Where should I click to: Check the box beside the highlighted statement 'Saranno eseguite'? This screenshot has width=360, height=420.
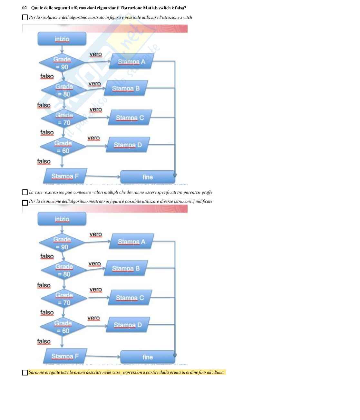(25, 373)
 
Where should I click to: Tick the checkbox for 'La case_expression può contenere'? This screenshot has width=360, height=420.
(25, 192)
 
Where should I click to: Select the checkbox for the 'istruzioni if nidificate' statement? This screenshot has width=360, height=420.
(25, 203)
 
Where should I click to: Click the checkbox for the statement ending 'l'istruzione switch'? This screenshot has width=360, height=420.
(25, 17)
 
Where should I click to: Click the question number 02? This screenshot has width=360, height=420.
(25, 8)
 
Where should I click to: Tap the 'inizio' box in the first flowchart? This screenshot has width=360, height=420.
(62, 39)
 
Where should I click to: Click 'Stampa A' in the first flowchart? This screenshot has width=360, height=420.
(131, 62)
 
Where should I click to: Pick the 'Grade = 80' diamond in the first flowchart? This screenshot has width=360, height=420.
(64, 90)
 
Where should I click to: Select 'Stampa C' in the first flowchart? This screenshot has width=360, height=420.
(130, 118)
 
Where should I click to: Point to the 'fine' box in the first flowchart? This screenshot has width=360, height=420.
(148, 177)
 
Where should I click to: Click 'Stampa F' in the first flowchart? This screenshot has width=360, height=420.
(65, 176)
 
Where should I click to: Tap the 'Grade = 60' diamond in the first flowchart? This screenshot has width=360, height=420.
(63, 147)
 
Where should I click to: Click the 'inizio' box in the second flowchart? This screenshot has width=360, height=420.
(62, 219)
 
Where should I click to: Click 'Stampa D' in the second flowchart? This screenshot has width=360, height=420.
(128, 325)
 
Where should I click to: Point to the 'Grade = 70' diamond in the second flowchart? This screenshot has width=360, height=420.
(64, 299)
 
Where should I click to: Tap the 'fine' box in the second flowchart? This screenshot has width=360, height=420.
(148, 357)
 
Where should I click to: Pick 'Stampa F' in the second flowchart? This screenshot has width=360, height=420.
(65, 356)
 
